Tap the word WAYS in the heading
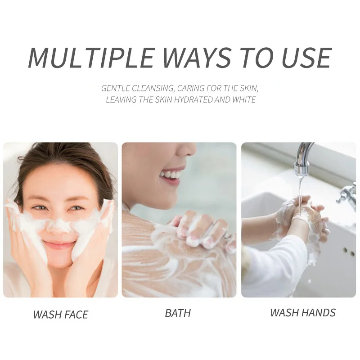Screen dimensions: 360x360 (x=198, y=57)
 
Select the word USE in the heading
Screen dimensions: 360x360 (x=306, y=57)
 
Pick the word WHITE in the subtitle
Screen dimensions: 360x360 (x=244, y=99)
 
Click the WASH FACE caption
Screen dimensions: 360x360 (x=61, y=314)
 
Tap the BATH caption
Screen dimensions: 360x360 (x=178, y=313)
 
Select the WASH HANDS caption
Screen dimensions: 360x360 (x=303, y=312)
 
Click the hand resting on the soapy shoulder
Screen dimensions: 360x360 (x=202, y=229)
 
